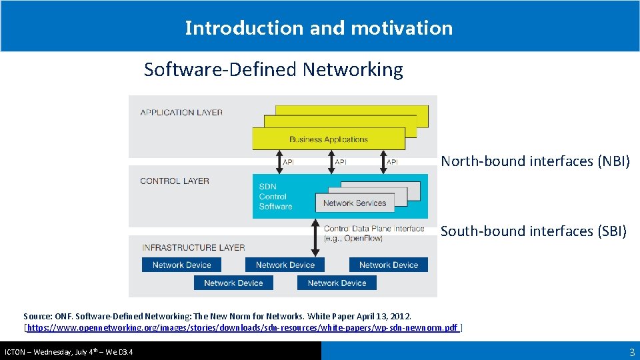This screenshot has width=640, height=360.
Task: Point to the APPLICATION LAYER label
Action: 181,113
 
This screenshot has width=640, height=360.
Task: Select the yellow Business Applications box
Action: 329,139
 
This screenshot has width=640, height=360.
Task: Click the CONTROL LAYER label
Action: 175,181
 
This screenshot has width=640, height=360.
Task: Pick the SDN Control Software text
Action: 275,197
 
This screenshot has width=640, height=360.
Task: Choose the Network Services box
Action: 354,203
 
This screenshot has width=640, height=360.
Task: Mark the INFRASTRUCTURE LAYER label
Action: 193,247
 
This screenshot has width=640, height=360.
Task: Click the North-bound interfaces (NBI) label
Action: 535,161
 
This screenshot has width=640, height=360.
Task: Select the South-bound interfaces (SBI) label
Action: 533,231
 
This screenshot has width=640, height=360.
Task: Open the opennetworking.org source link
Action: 243,328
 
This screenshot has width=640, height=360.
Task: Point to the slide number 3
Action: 632,352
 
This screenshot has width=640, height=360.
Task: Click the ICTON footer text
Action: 69,351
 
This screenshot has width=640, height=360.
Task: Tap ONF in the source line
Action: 62,315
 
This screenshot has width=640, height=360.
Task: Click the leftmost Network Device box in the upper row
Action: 181,265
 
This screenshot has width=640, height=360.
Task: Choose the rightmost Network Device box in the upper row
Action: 388,265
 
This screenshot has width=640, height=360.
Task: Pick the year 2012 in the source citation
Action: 401,315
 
